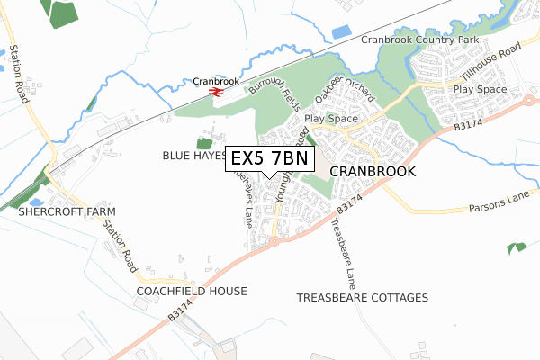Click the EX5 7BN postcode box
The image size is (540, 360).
click(x=269, y=158)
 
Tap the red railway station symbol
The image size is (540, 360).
click(x=216, y=91)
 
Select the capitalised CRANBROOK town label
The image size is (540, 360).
click(x=373, y=171)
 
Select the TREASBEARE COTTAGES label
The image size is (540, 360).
click(x=363, y=297)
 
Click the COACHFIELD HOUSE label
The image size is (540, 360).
click(x=191, y=292)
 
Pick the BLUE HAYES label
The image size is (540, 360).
click(x=194, y=155)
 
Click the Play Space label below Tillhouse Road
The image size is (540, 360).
click(x=481, y=91)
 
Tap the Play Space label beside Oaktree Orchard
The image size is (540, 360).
click(x=331, y=118)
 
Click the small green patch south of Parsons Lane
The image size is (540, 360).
click(x=517, y=247)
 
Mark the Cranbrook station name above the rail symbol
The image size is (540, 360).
click(x=216, y=81)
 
